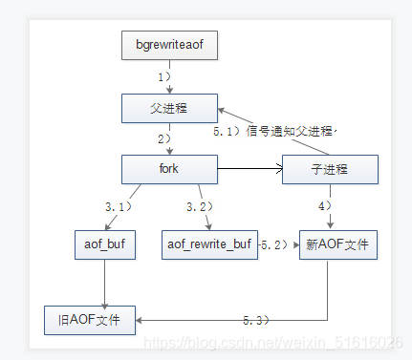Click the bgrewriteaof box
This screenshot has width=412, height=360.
169,45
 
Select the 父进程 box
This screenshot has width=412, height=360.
169,108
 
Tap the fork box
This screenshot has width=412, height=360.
169,169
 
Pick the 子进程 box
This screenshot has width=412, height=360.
330,169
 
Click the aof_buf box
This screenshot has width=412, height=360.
105,244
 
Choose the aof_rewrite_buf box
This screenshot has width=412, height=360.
209,244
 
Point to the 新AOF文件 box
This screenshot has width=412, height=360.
338,244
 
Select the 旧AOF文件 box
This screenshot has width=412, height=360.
90,320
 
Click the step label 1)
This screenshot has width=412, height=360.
164,77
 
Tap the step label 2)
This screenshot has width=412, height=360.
164,139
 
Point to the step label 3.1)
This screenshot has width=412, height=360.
119,207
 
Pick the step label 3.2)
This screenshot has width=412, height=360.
200,207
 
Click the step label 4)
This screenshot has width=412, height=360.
325,206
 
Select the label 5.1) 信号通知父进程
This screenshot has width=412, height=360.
273,131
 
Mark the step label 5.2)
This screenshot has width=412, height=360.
274,244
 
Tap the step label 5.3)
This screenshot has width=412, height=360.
256,320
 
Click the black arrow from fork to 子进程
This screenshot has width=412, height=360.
250,169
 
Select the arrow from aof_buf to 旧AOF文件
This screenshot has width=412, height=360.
105,285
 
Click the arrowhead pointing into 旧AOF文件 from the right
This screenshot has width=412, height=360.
139,320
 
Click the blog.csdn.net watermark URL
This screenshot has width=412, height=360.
273,343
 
